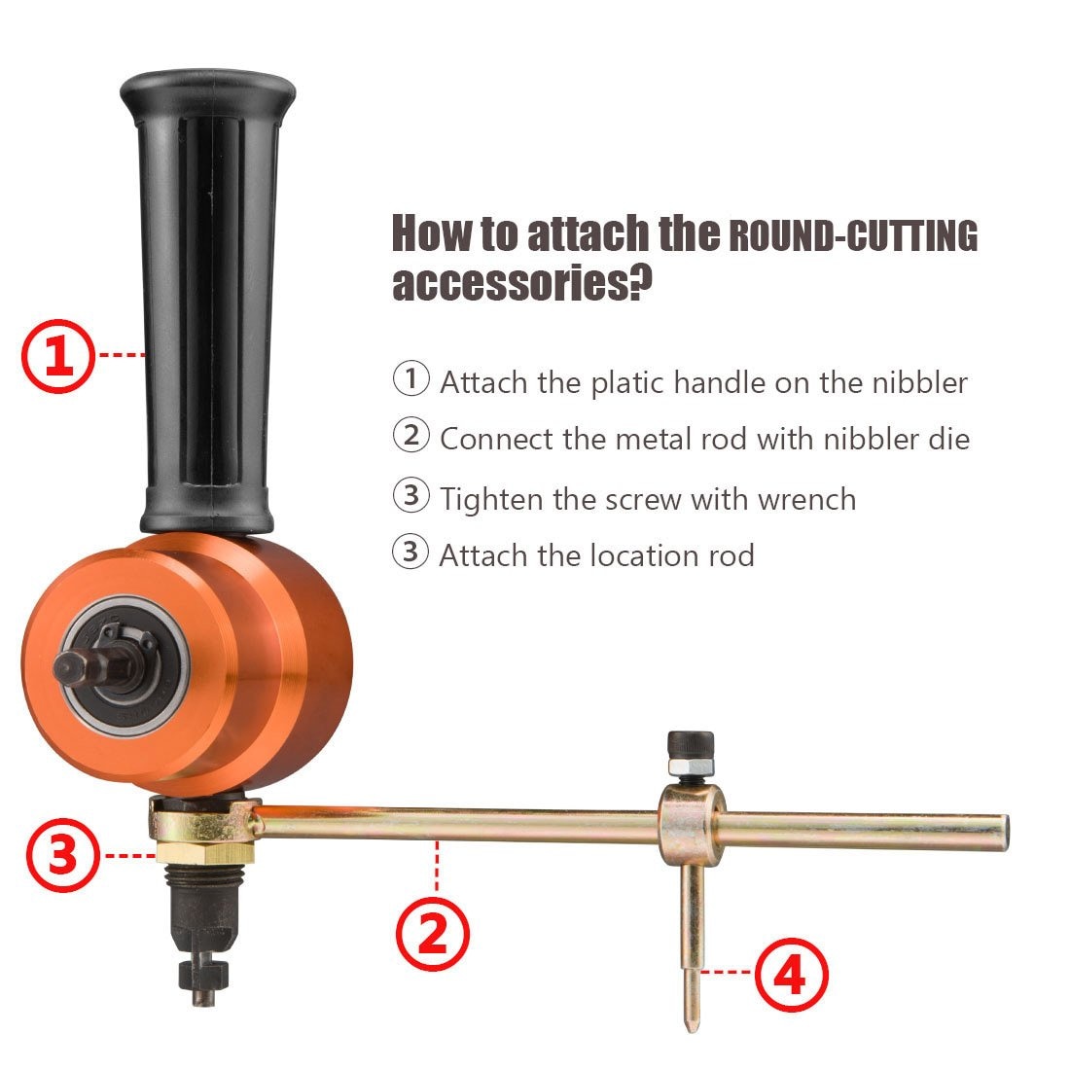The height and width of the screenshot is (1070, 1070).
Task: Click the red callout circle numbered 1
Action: coord(58,356)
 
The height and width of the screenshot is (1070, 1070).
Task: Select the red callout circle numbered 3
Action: coord(62,855)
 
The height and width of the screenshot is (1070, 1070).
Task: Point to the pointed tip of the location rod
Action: coord(690,1023)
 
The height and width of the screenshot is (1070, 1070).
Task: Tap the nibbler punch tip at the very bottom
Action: coord(201,992)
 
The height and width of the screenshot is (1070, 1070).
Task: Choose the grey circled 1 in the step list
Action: coord(410,378)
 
